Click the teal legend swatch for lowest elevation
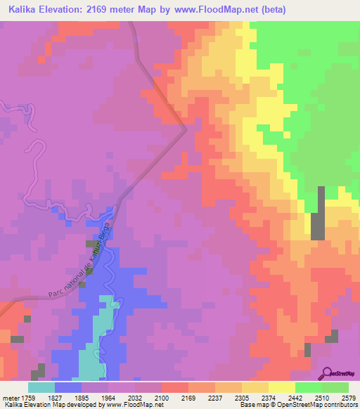41,387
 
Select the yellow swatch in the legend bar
282,387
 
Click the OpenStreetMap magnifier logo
328,373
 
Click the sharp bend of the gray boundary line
185,129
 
